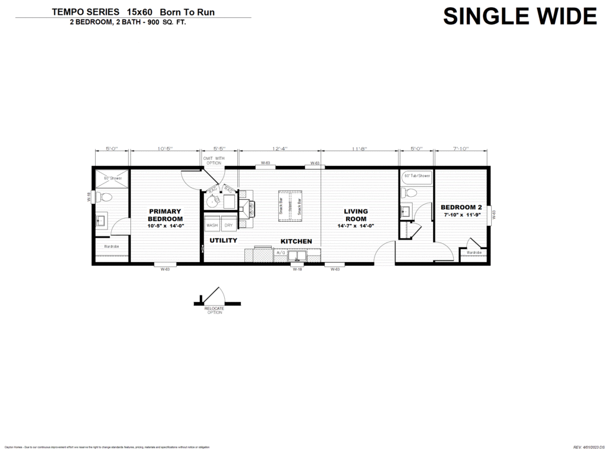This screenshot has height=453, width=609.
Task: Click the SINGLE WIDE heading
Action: [520, 16]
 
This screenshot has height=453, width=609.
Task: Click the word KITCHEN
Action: [296, 241]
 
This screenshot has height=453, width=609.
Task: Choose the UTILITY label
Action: [223, 241]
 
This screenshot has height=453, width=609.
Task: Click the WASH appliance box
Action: [212, 226]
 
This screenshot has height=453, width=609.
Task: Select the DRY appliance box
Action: [228, 226]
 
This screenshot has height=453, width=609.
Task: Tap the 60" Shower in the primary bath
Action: [112, 178]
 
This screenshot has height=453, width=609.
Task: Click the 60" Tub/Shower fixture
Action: [417, 176]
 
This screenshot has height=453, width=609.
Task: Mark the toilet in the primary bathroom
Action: [106, 197]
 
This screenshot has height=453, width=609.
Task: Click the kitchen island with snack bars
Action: [290, 206]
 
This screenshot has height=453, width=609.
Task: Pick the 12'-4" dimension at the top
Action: [280, 149]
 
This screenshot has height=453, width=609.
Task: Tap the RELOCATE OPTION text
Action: [214, 310]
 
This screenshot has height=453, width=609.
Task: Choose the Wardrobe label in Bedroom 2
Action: [474, 253]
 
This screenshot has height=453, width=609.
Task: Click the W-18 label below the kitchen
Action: [296, 269]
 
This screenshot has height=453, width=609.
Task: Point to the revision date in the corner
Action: [589, 446]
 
